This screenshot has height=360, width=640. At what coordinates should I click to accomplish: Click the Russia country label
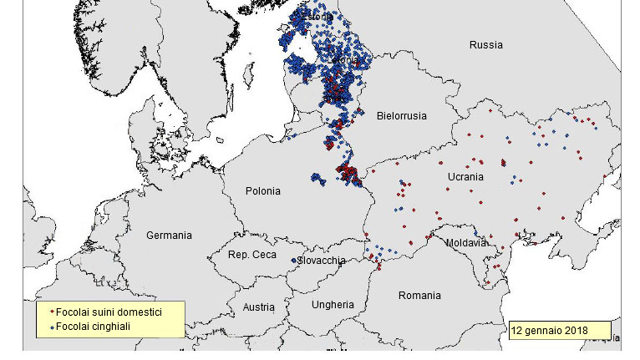coord(485,45)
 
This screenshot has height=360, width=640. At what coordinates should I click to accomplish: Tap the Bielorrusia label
coord(402,115)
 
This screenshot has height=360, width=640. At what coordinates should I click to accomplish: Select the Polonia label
coord(262,191)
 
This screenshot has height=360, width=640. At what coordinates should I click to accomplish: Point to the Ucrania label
coord(465,177)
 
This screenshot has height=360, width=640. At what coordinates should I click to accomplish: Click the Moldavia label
coord(465,243)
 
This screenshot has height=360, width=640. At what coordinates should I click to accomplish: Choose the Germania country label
coord(169,236)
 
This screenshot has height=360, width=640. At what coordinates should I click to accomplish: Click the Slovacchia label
coord(322,261)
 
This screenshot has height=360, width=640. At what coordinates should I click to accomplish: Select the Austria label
coord(258,307)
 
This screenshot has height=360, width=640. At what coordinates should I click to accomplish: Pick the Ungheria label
coord(333,305)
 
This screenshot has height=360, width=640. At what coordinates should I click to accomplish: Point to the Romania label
coord(419,296)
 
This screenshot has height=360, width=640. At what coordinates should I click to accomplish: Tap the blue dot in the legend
coord(51,327)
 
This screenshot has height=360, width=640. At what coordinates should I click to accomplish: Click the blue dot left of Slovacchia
coord(293,261)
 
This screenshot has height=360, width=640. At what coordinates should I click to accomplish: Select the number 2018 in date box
coord(575,331)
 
